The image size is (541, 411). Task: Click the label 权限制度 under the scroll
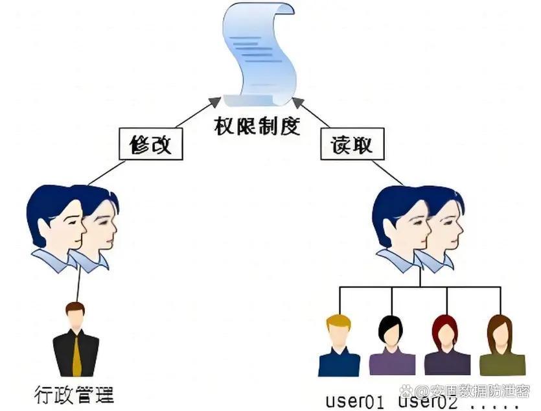pos(257,126)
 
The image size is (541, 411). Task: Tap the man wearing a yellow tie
pos(76,340)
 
